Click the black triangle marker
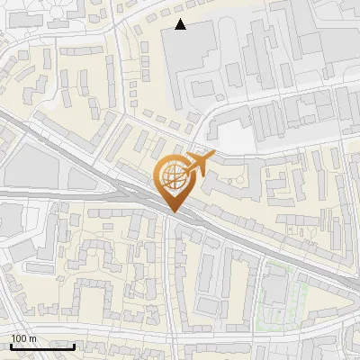181,24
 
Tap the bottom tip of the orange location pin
173,212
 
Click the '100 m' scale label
23,338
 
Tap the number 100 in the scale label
19,338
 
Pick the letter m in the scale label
32,338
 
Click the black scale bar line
42,346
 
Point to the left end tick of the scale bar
11,346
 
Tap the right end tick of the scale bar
74,346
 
